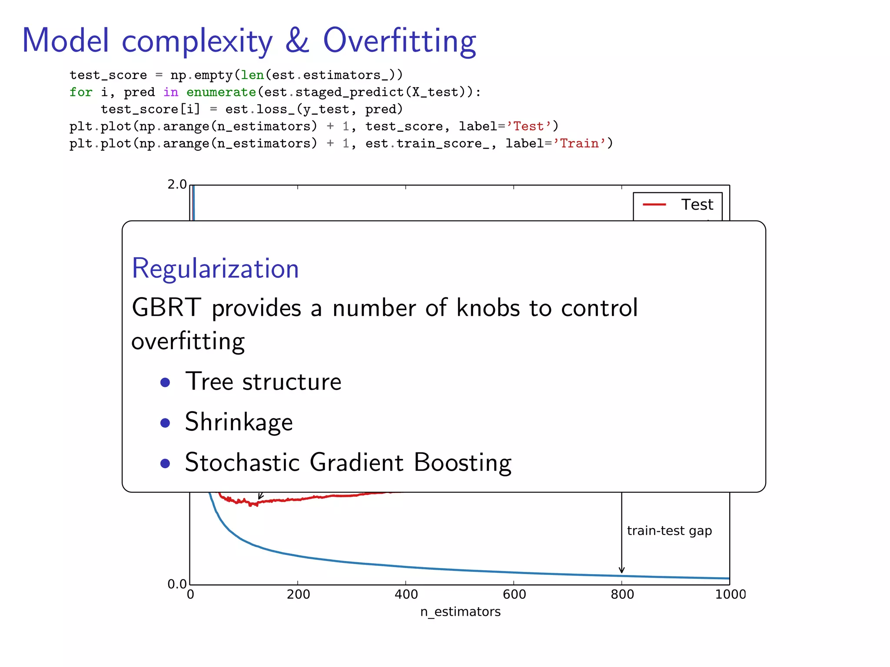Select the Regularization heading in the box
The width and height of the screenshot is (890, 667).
215,268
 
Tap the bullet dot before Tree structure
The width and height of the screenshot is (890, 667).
165,382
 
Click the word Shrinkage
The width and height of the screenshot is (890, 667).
239,422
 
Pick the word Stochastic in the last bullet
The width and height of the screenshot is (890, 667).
242,462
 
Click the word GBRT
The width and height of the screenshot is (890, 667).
166,308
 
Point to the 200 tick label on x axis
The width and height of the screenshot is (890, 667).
298,594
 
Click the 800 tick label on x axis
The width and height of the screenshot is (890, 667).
622,594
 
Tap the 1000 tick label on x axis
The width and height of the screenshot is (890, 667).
730,594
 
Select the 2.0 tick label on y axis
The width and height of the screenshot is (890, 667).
177,185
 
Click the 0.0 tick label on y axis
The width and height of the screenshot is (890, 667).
177,584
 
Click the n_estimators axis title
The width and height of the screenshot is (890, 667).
460,612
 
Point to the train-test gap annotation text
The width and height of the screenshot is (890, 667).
669,531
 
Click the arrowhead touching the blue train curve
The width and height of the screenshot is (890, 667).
621,571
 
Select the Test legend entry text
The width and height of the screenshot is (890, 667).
697,205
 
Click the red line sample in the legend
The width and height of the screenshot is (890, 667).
654,205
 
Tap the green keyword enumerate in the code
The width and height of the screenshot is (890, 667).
221,92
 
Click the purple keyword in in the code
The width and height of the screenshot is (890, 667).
171,92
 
